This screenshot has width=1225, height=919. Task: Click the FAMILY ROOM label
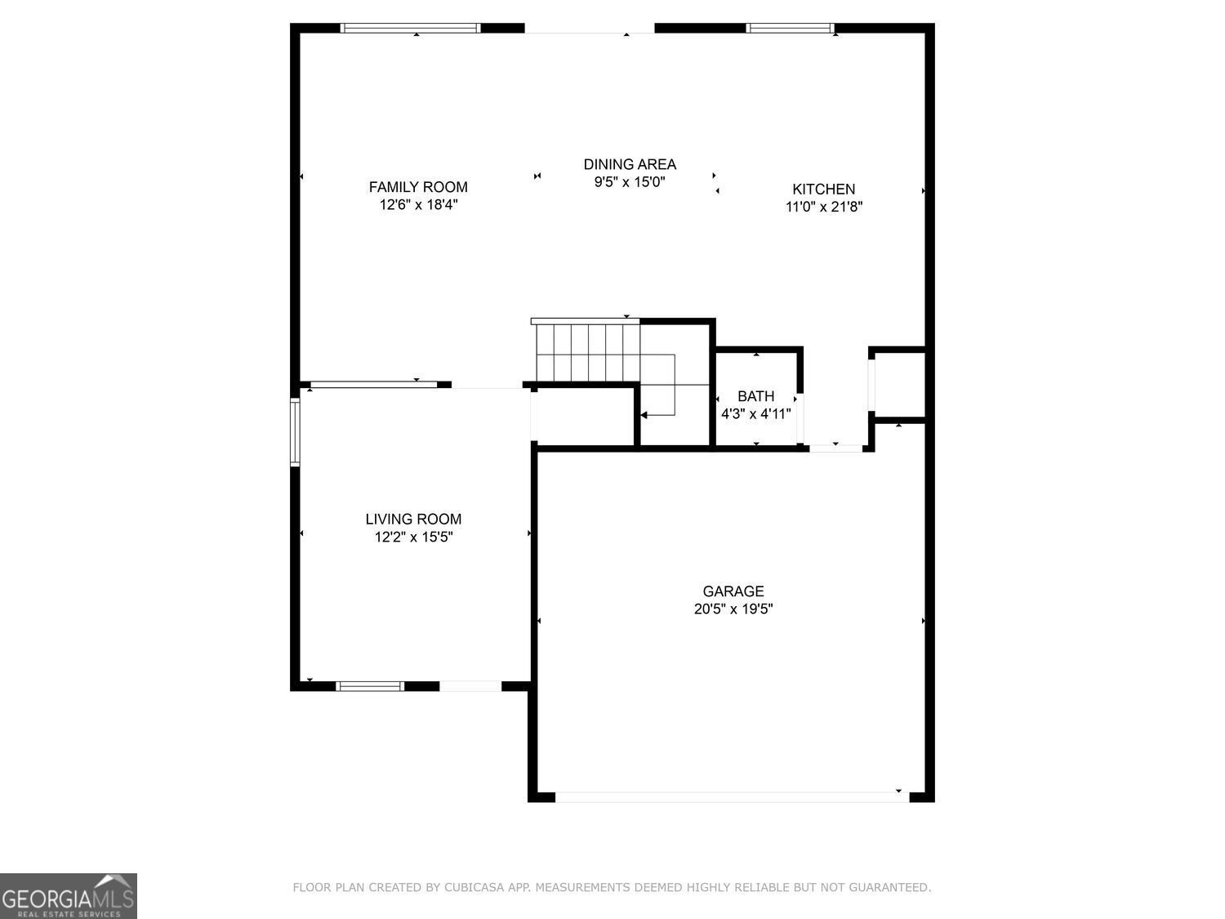[418, 187]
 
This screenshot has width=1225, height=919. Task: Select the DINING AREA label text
[630, 164]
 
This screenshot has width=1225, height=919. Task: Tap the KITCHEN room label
[823, 189]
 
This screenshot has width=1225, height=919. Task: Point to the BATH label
[755, 396]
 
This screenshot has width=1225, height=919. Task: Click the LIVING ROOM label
[413, 519]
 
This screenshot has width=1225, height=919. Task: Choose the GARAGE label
[733, 591]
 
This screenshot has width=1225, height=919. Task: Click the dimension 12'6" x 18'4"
[418, 205]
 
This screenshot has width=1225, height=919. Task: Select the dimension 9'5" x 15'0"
[630, 182]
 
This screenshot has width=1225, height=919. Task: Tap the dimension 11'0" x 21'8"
[824, 207]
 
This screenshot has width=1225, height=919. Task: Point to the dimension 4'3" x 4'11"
[755, 414]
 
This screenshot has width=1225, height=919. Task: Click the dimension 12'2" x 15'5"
[413, 537]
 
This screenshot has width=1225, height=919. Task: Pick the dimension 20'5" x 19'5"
[733, 609]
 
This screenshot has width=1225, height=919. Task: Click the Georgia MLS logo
[69, 896]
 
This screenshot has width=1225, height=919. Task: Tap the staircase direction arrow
[644, 415]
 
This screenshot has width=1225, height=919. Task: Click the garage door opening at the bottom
[731, 796]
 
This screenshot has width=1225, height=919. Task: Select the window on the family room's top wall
[410, 29]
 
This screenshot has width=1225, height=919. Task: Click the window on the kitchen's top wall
[790, 29]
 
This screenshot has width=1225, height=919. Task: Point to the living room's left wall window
[296, 431]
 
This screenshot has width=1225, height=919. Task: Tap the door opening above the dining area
[589, 29]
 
